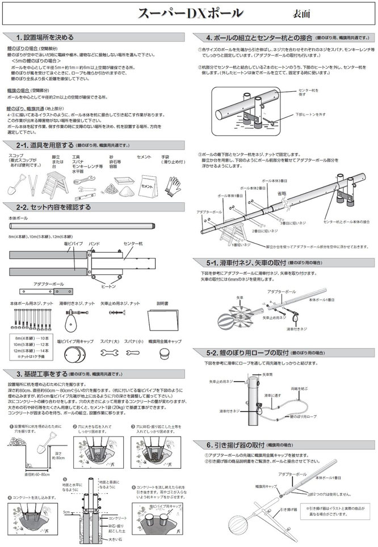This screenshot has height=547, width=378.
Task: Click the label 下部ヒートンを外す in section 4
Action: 310,114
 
